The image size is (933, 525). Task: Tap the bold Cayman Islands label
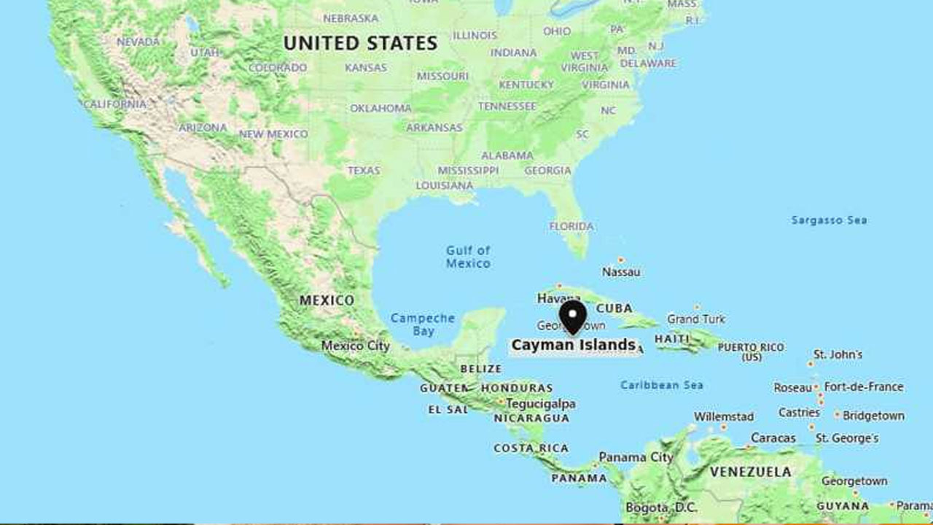click(574, 345)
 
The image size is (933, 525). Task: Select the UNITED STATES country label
click(360, 43)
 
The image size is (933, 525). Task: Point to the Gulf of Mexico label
click(468, 257)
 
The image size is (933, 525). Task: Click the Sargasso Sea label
click(829, 219)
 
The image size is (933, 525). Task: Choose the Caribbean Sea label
click(662, 385)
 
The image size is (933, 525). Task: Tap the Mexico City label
click(356, 346)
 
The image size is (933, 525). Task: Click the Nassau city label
click(621, 272)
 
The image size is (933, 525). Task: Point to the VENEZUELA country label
click(751, 472)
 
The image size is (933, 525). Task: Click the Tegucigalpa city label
click(541, 403)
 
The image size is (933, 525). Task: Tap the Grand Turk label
click(696, 319)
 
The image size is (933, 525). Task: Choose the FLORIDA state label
click(571, 226)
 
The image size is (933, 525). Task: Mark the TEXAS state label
click(364, 170)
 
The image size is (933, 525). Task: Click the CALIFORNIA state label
click(114, 104)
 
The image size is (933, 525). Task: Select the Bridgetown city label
click(874, 416)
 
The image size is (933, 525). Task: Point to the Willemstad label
click(724, 416)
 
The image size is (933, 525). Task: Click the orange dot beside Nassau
click(620, 259)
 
